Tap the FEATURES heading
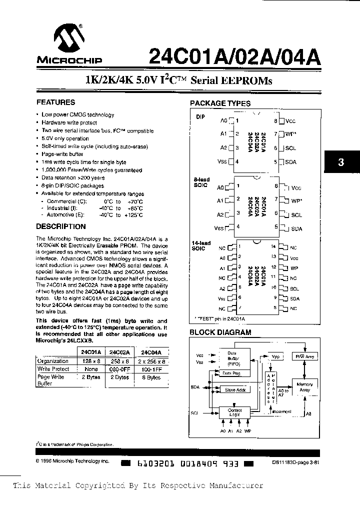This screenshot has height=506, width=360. tap(56, 102)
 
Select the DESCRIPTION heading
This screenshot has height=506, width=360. tap(61, 226)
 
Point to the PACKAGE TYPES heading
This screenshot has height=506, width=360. tap(220, 103)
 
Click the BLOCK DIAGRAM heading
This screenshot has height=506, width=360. tap(220, 332)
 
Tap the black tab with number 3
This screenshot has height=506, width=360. tap(341, 162)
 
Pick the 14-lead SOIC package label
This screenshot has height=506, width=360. tap(199, 245)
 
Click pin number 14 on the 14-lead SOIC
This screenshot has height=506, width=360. tap(273, 247)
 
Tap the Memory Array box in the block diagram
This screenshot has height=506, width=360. tap(304, 387)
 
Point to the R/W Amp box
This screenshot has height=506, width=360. tap(303, 356)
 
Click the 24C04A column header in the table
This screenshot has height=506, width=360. tap(151, 352)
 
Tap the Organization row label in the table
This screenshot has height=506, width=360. tap(53, 361)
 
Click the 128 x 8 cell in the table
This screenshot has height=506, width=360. tap(90, 361)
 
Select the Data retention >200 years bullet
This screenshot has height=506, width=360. tap(73, 177)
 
